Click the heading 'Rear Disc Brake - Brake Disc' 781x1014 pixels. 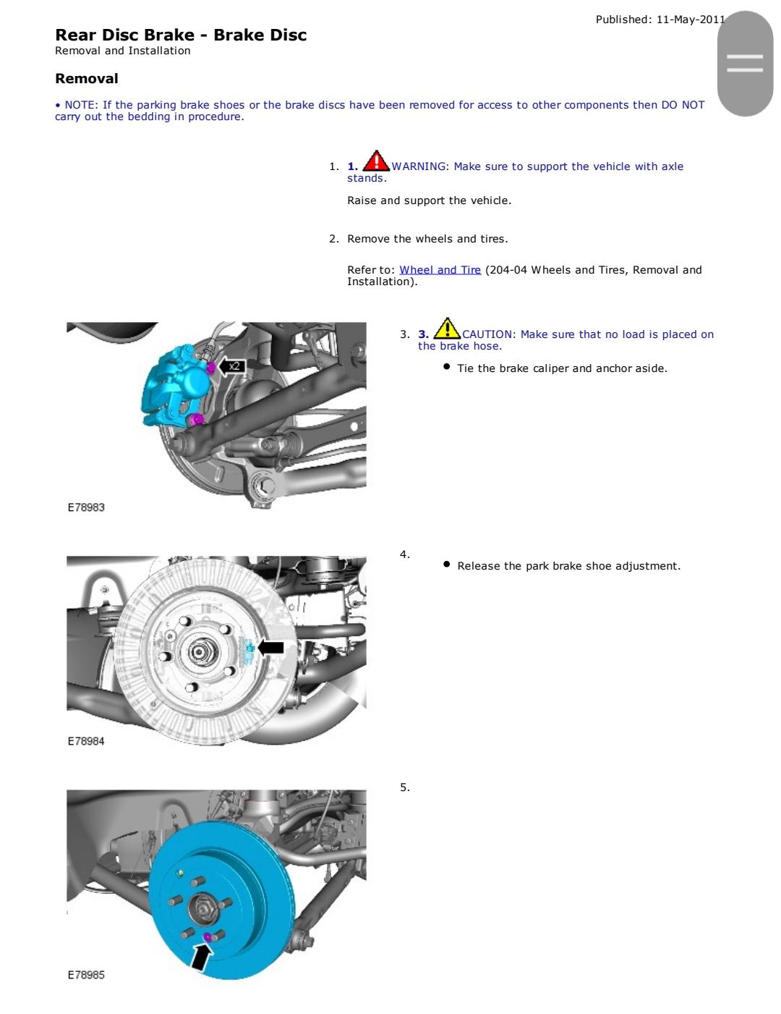[x=181, y=35]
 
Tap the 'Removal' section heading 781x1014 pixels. [x=86, y=78]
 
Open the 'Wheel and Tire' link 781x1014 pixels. [x=440, y=270]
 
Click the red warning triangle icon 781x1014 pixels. [x=375, y=161]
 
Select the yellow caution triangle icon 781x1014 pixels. [x=447, y=329]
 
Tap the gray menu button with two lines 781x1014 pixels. [x=745, y=64]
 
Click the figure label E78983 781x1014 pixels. [x=86, y=507]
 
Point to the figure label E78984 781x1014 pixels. [x=86, y=741]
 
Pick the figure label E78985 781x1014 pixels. [x=86, y=975]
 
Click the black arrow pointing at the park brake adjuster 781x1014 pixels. [x=271, y=647]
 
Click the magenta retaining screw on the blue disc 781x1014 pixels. [x=208, y=938]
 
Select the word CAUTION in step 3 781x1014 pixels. [x=488, y=334]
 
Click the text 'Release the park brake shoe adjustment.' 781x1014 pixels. [x=568, y=566]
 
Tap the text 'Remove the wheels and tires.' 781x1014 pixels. [x=427, y=239]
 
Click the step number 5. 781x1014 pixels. [x=404, y=787]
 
